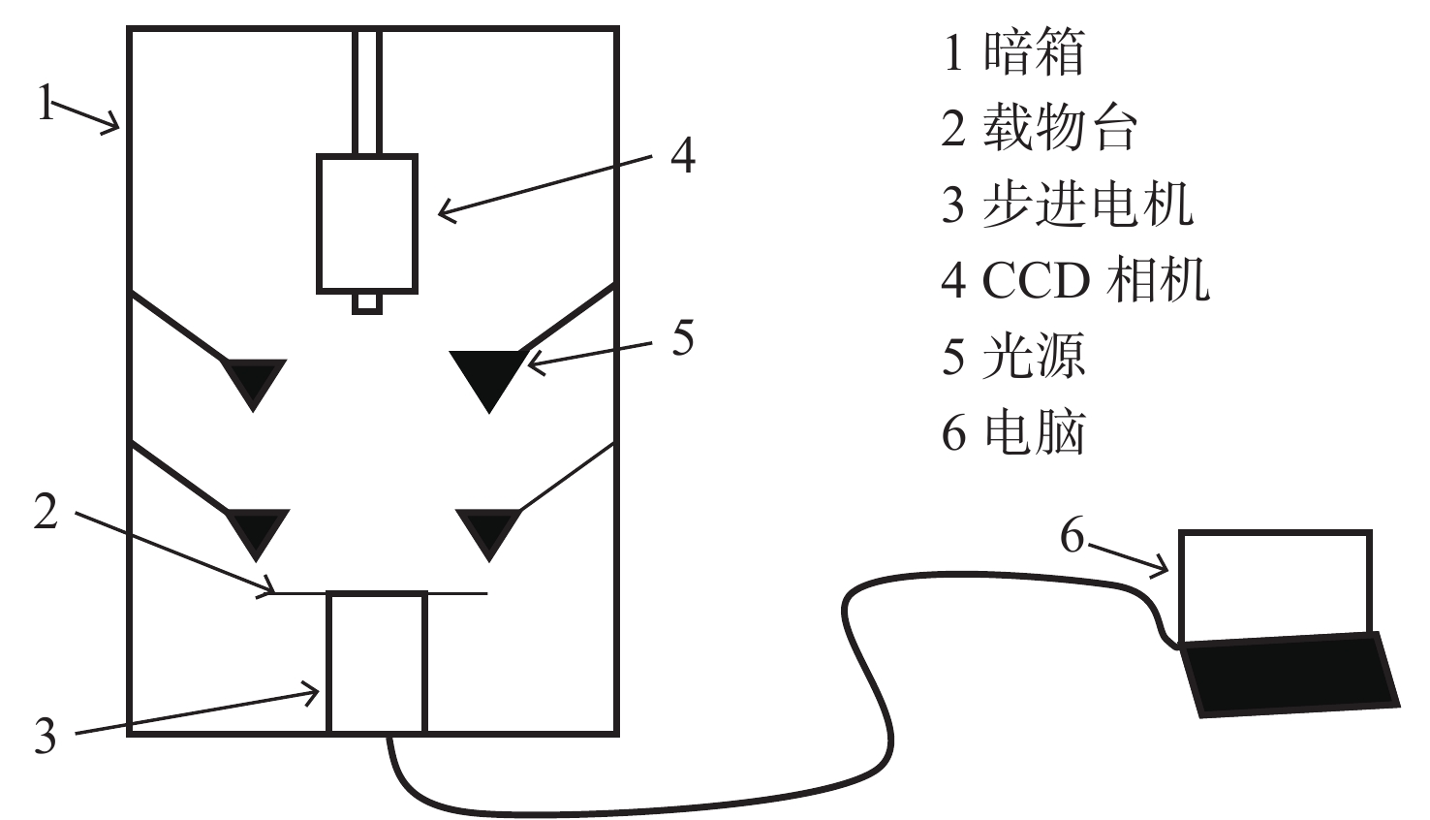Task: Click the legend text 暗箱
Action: coord(1034,52)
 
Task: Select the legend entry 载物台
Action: coord(1060,128)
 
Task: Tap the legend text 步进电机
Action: coord(1088,204)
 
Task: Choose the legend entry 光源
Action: coord(1034,355)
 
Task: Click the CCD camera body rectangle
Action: coord(368,224)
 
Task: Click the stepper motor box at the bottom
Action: coord(377,663)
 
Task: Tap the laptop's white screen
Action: coord(1275,587)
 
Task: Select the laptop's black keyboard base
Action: coord(1290,676)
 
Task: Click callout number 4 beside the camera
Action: coord(683,155)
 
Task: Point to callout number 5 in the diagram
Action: coord(683,338)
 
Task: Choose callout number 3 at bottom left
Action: coord(46,736)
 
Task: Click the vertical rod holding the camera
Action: coord(367,91)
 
